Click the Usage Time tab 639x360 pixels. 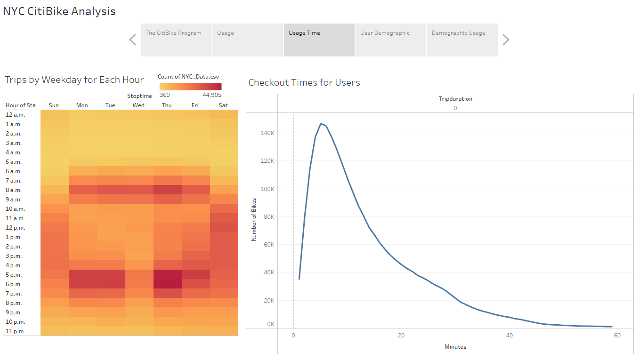coord(319,40)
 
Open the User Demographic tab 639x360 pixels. coord(390,40)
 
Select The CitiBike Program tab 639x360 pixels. coord(176,40)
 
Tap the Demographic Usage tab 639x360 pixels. coord(462,40)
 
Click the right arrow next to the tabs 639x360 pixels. coord(506,40)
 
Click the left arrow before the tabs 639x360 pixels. coord(132,40)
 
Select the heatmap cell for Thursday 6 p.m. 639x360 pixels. coord(168,284)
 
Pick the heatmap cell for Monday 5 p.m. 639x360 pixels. coord(83,275)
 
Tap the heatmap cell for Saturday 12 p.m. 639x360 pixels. coord(224,228)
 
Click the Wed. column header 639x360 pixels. coord(139,105)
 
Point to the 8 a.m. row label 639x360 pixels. coord(14,190)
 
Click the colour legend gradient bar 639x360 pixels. coord(190,87)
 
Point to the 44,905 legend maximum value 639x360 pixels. coord(212,95)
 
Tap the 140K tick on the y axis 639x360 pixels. coord(267,133)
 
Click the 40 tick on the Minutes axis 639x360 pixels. coord(509,336)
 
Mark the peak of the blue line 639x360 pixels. coord(321,124)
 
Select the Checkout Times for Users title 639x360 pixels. coord(304,83)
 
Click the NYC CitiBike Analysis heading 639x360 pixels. coord(59,11)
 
